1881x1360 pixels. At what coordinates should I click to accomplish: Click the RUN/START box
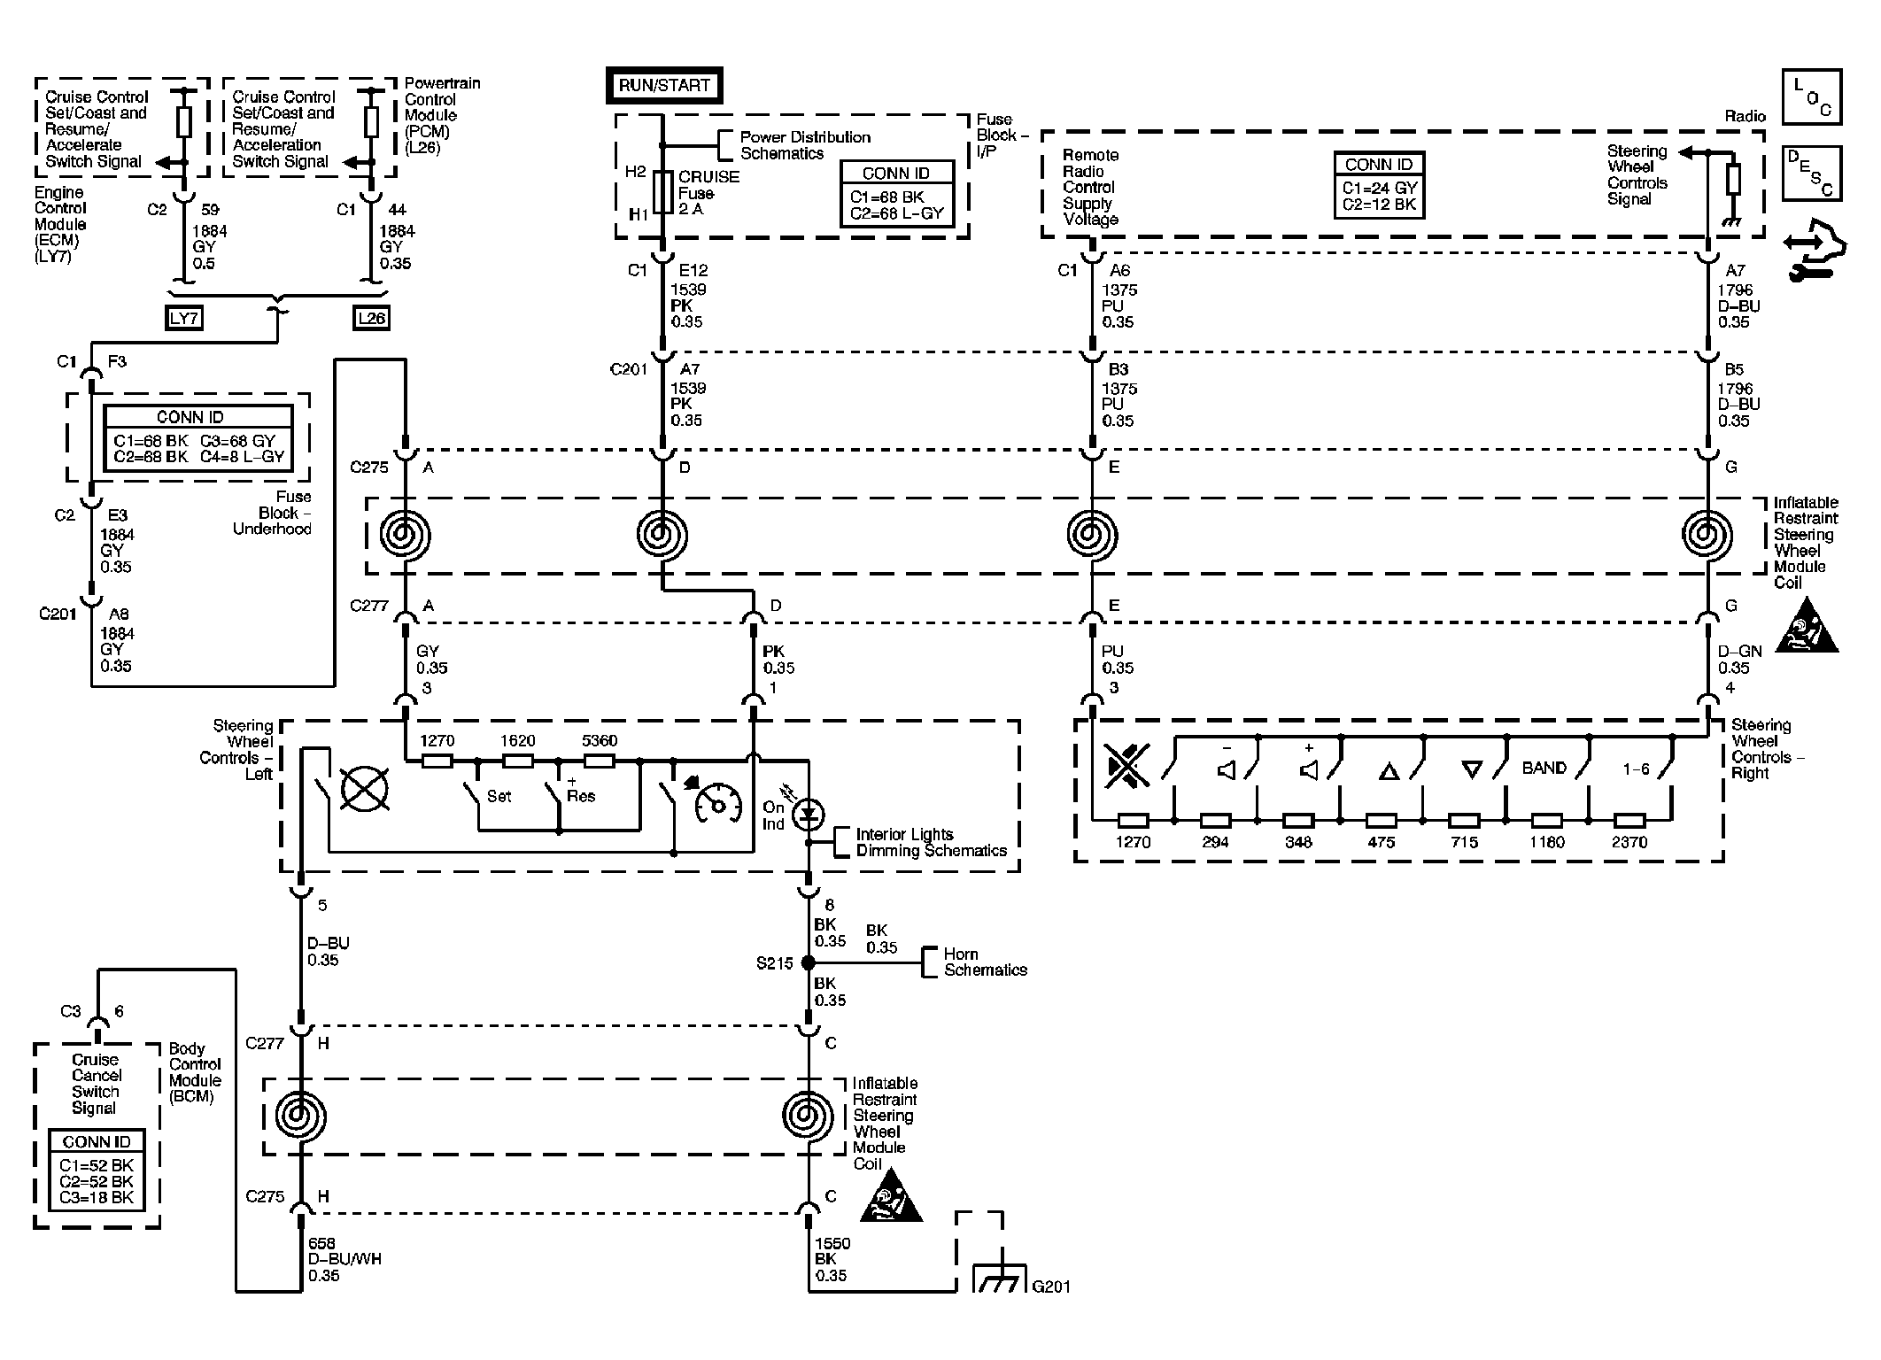[663, 86]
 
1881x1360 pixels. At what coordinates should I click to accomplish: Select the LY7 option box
[183, 318]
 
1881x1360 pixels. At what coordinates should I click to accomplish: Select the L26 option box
[371, 318]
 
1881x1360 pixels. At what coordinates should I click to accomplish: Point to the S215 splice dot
[808, 962]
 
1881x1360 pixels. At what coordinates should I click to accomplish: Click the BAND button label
[1544, 769]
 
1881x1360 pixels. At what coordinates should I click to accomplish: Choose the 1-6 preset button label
[1636, 769]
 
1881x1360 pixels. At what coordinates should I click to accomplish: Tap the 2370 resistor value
[1629, 842]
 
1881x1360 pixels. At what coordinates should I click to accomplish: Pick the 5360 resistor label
[599, 741]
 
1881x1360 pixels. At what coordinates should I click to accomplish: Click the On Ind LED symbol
[808, 814]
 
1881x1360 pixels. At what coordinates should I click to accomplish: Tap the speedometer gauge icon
[718, 802]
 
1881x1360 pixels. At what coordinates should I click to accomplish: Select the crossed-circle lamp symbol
[364, 788]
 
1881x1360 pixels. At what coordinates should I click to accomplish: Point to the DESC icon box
[1811, 174]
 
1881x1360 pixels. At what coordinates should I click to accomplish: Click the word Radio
[1745, 117]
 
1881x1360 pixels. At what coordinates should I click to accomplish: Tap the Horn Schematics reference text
[985, 962]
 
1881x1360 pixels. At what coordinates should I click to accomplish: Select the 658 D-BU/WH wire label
[344, 1259]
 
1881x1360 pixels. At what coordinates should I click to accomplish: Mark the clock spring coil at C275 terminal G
[1707, 535]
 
